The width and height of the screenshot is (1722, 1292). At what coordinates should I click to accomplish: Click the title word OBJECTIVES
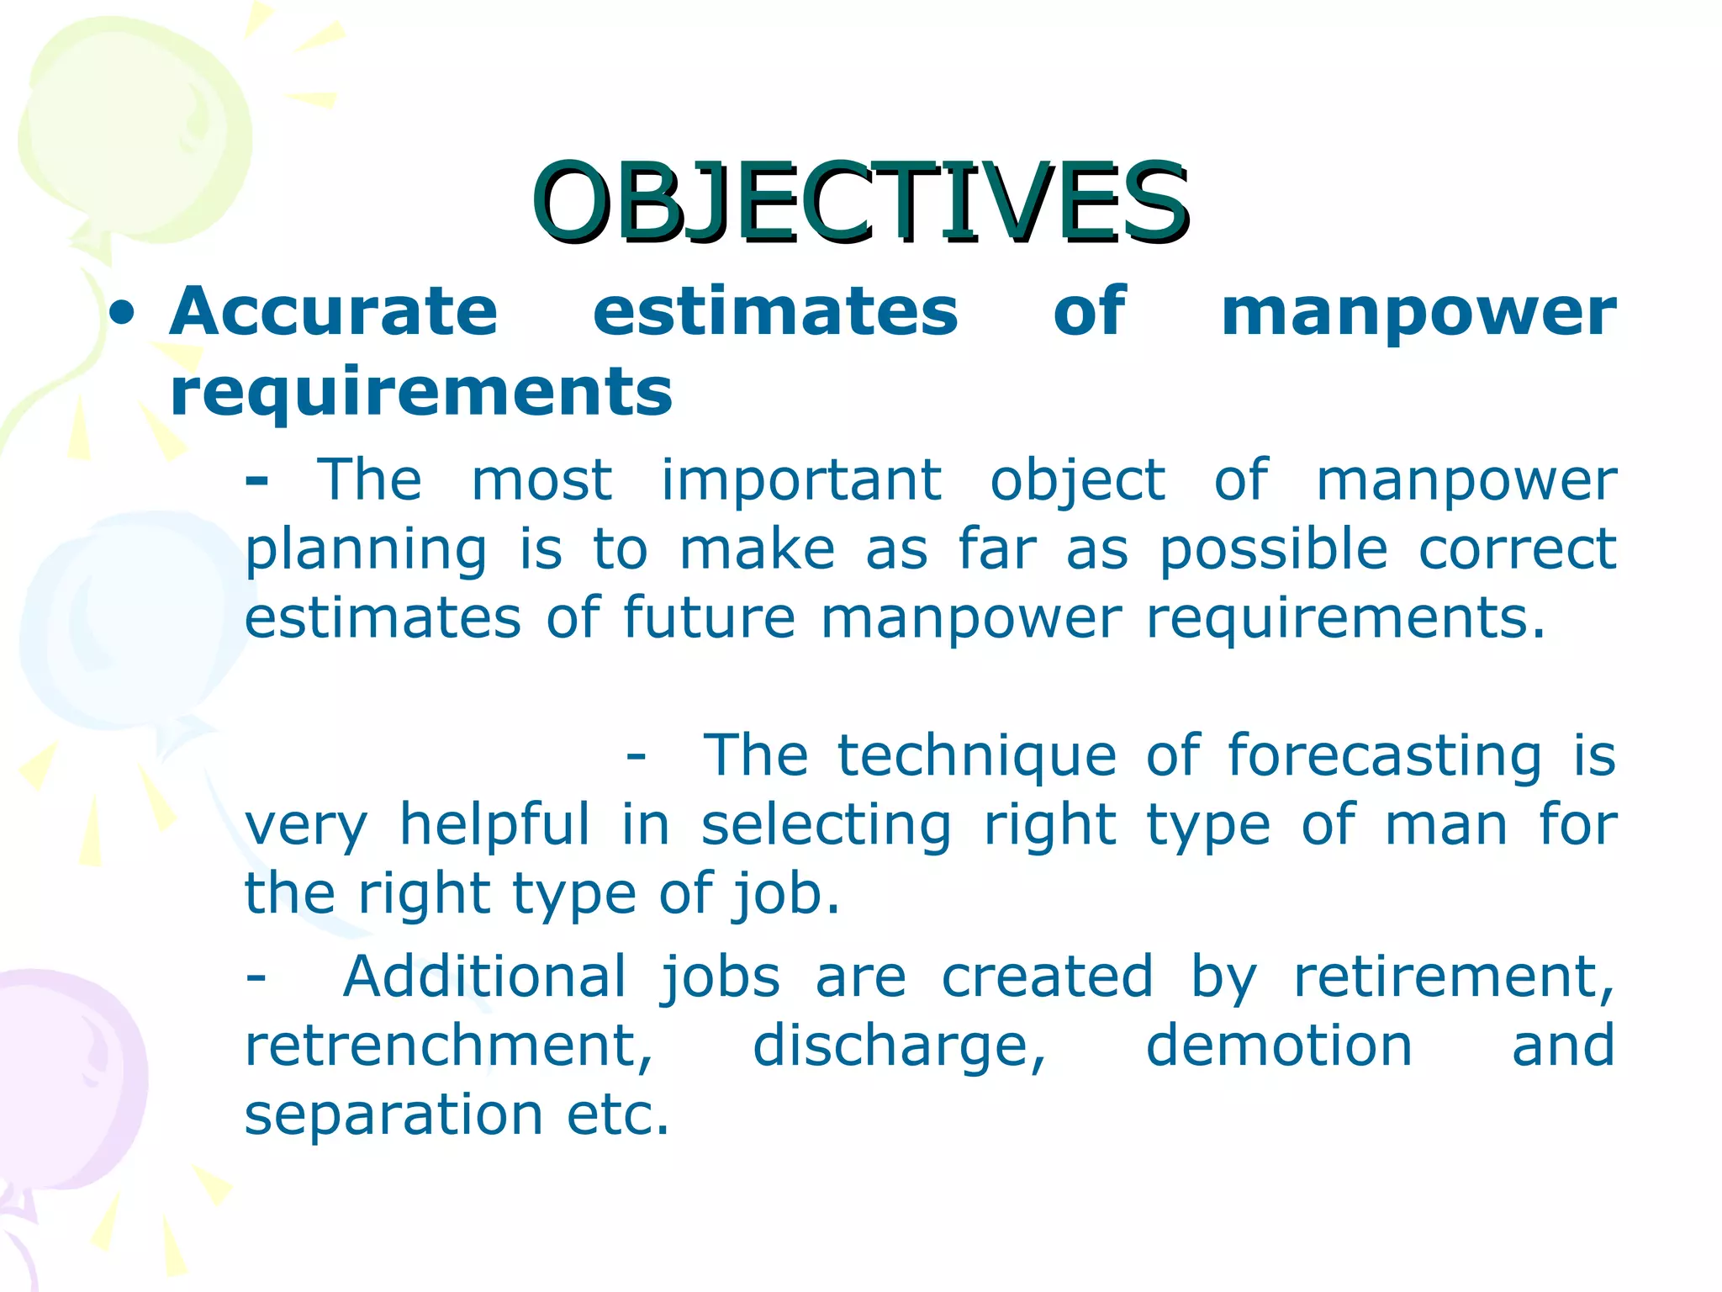(859, 202)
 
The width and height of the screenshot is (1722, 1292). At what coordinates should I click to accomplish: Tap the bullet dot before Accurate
(123, 314)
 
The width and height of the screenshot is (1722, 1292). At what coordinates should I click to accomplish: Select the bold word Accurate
(334, 311)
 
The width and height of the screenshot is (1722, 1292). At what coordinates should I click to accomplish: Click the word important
(800, 482)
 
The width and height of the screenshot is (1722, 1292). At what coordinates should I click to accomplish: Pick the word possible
(1273, 552)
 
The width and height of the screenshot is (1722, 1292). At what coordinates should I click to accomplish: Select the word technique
(977, 756)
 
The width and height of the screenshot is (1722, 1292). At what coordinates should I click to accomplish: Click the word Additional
(485, 977)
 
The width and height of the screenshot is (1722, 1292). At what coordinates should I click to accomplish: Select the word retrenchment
(448, 1046)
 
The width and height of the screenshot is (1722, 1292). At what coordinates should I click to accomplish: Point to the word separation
(394, 1115)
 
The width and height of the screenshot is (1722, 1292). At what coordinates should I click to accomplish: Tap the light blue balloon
(118, 622)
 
